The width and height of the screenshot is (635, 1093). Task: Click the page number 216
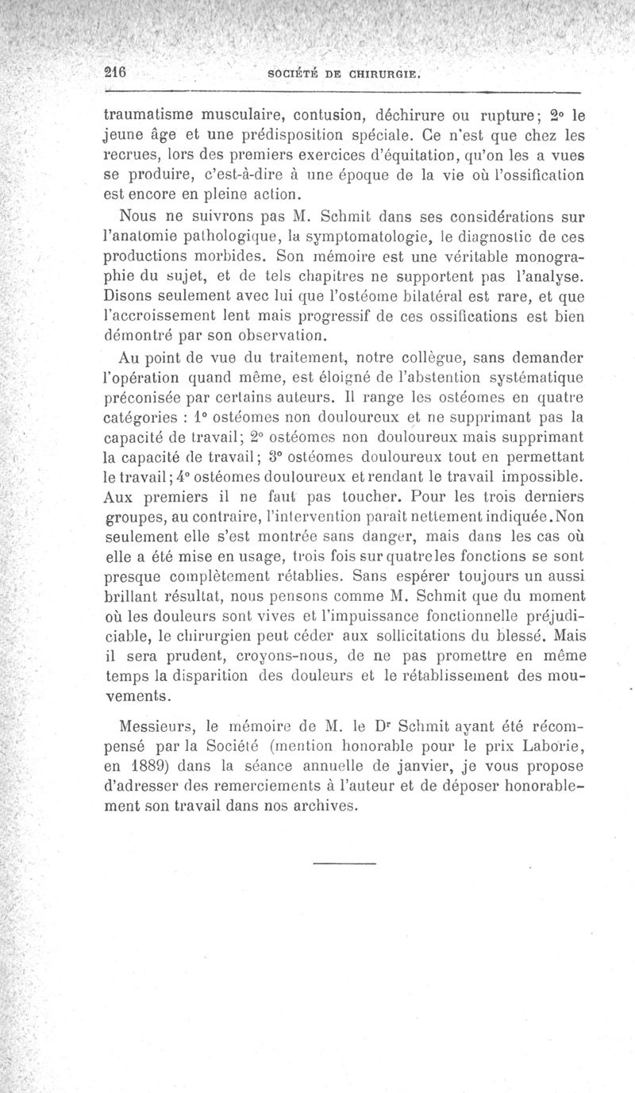pyautogui.click(x=117, y=70)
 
